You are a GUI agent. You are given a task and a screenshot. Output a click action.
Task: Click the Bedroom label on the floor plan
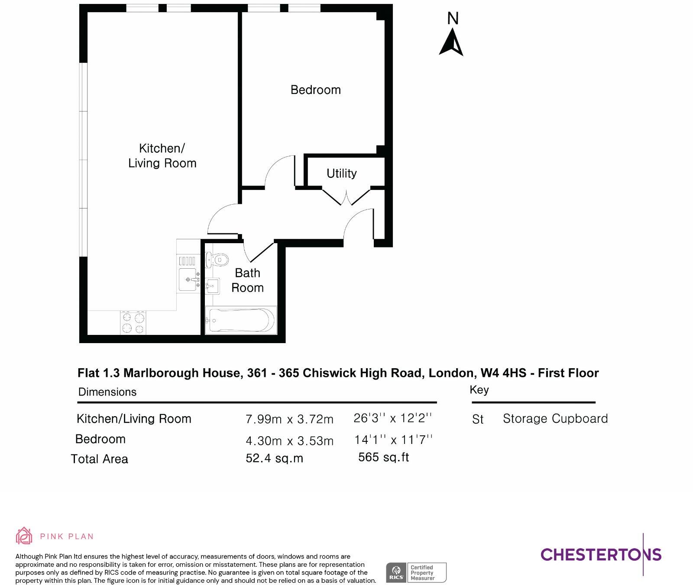click(x=316, y=90)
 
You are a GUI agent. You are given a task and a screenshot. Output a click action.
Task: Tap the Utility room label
click(x=342, y=174)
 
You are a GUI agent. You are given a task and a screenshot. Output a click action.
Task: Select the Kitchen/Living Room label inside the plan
click(x=162, y=156)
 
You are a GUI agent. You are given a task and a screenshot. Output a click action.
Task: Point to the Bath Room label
click(x=247, y=280)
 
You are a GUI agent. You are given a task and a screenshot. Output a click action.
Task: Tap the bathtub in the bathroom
click(x=240, y=321)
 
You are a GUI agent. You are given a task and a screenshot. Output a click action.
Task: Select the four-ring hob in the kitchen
click(x=133, y=323)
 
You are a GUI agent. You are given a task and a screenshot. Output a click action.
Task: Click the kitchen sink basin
click(x=188, y=280)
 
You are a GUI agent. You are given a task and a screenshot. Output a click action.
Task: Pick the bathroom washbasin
click(x=212, y=286)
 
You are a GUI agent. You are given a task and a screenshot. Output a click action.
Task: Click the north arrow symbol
click(x=452, y=42)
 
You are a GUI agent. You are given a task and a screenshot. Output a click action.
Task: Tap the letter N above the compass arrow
click(x=453, y=19)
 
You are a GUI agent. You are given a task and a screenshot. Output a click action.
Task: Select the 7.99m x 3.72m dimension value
click(x=289, y=419)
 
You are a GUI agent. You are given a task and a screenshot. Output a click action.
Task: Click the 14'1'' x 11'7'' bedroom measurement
click(x=393, y=440)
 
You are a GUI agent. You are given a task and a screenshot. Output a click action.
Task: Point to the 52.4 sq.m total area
click(x=274, y=458)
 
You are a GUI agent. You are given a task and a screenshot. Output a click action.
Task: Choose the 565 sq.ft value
click(x=384, y=457)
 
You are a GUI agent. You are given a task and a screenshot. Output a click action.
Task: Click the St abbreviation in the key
click(x=478, y=420)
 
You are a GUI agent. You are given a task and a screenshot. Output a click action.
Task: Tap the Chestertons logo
click(x=601, y=554)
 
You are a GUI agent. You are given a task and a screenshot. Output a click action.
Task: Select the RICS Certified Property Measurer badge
click(x=416, y=573)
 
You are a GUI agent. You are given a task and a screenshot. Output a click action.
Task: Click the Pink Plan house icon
click(x=24, y=536)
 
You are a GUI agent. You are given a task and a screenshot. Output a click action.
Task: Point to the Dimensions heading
click(x=107, y=392)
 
